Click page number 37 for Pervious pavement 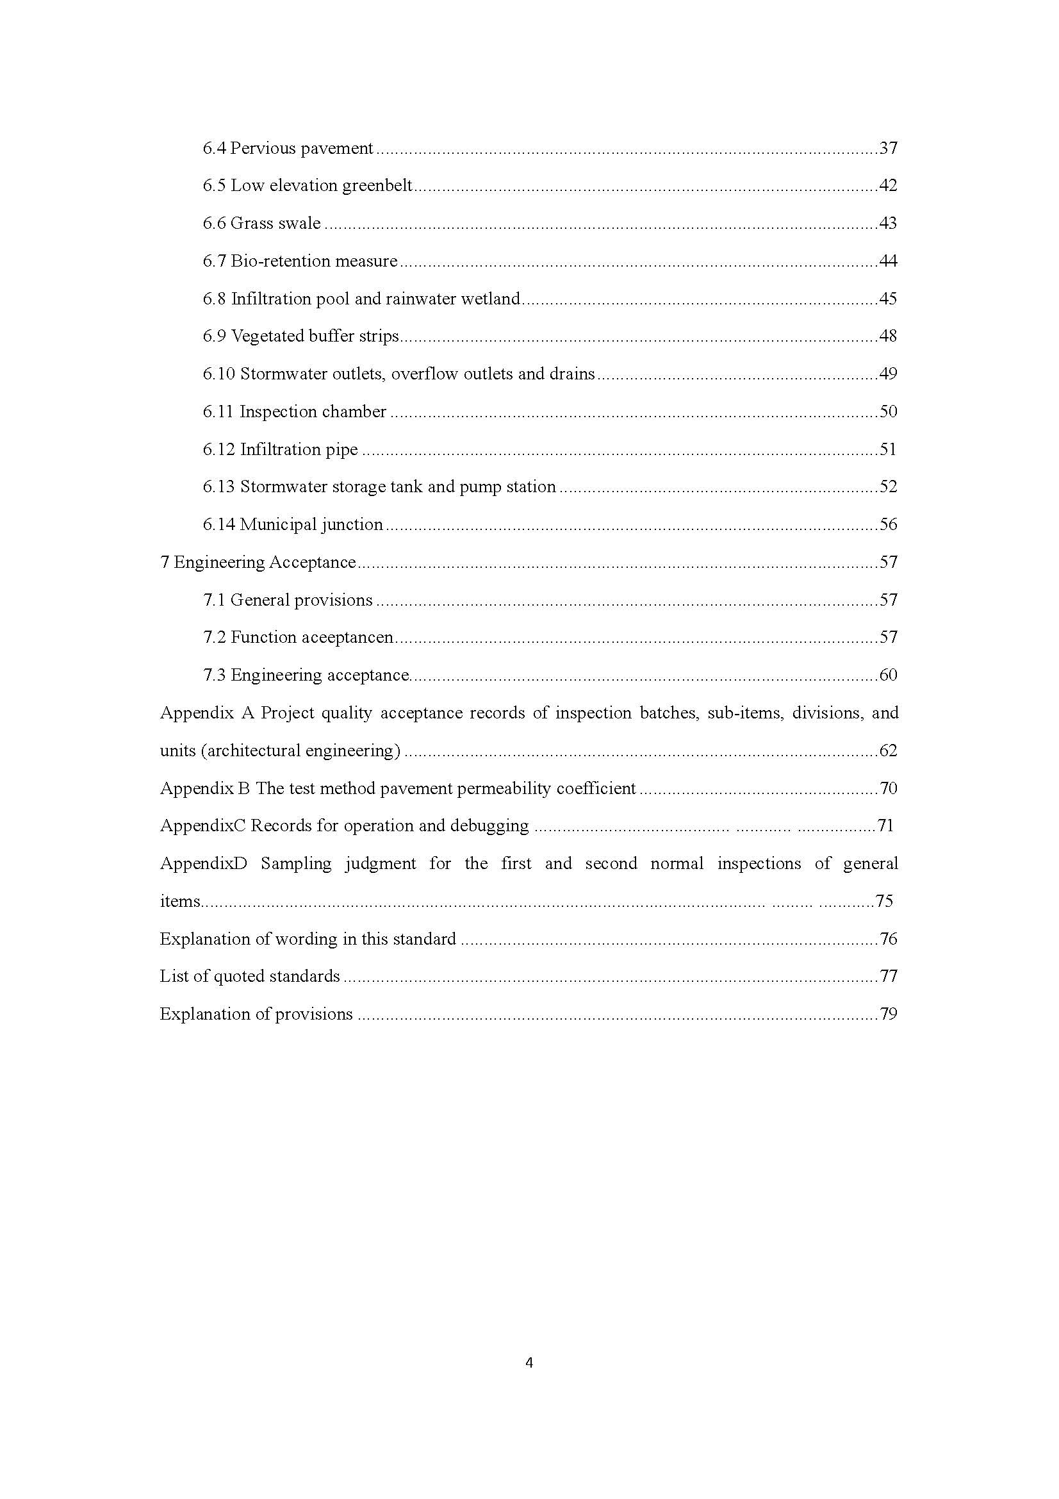pos(888,148)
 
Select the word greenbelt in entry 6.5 pos(377,186)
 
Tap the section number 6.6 pos(213,223)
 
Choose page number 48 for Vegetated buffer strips pos(888,336)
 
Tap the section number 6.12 pos(218,449)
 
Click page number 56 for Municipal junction pos(888,524)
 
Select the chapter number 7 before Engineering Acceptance pos(165,562)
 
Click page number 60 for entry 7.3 pos(888,675)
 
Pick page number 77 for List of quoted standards pos(888,976)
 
